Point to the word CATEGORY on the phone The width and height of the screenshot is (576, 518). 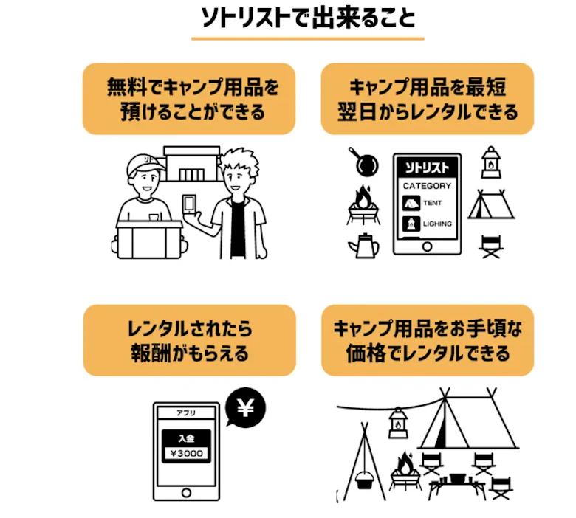click(x=426, y=186)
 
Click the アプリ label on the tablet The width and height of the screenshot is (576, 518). click(x=186, y=412)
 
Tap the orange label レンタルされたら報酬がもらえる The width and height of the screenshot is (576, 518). click(x=189, y=340)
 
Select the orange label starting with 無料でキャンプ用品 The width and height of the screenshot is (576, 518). click(x=189, y=99)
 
